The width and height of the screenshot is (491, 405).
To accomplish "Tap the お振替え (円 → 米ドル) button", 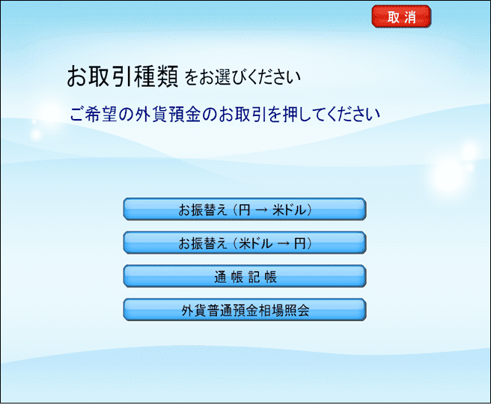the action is pos(245,209).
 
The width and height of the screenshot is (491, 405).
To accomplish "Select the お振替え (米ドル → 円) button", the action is pos(245,243).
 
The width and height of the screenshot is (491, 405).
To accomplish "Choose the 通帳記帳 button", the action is pos(245,276).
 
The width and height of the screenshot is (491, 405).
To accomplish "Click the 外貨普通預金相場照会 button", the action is pos(245,309).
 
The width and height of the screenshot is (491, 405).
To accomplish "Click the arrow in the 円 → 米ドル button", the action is pos(261,210).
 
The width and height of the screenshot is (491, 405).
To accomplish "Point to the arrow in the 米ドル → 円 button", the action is pos(283,243).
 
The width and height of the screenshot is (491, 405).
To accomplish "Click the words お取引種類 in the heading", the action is pos(123,76).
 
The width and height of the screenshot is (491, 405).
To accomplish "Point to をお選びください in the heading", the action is pos(243,77).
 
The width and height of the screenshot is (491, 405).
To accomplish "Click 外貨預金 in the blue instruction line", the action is pos(168,114).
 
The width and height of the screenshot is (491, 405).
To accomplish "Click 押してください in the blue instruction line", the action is pos(332,114).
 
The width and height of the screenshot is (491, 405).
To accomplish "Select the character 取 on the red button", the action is pos(393,17).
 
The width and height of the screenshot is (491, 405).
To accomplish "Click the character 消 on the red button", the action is pos(410,17).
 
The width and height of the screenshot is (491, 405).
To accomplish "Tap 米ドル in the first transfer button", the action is pos(289,210).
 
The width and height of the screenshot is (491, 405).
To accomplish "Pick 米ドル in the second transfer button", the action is pos(255,243).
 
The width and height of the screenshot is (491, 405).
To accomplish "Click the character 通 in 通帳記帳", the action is pos(220,277).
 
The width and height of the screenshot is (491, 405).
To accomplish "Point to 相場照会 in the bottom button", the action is pos(284,311).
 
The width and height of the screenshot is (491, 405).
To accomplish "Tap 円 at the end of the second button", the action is pos(299,243).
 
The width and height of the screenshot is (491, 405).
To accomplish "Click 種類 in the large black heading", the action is pos(156,76).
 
